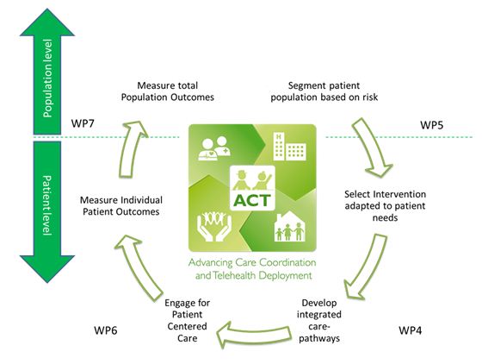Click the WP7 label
pyautogui.click(x=83, y=123)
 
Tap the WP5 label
pyautogui.click(x=431, y=125)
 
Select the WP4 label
pyautogui.click(x=411, y=330)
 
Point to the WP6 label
pyautogui.click(x=105, y=330)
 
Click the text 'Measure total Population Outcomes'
pyautogui.click(x=168, y=91)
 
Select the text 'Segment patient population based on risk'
pyautogui.click(x=324, y=91)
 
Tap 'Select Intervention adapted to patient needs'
pyautogui.click(x=386, y=205)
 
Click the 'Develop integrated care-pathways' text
pyautogui.click(x=319, y=321)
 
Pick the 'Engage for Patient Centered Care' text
pyautogui.click(x=188, y=321)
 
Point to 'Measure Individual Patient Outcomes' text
pyautogui.click(x=121, y=205)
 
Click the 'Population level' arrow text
pyautogui.click(x=47, y=78)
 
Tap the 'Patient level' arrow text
pyautogui.click(x=46, y=205)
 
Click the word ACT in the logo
pyautogui.click(x=252, y=201)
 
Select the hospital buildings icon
pyautogui.click(x=289, y=147)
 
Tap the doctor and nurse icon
pyautogui.click(x=214, y=148)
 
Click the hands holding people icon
pyautogui.click(x=214, y=226)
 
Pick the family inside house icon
pyautogui.click(x=289, y=227)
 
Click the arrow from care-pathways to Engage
pyautogui.click(x=254, y=334)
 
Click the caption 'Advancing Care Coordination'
pyautogui.click(x=252, y=263)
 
